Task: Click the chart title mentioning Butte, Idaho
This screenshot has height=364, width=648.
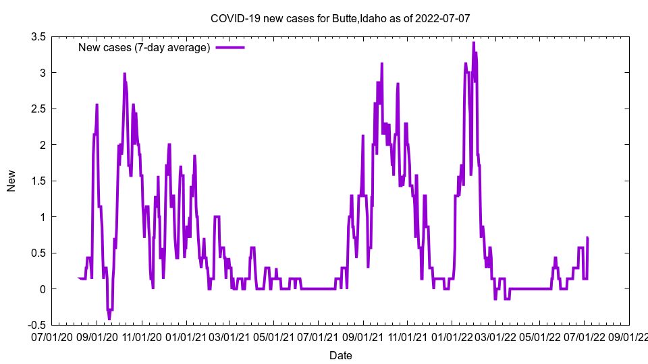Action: click(340, 18)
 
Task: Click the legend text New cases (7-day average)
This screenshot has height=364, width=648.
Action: click(144, 47)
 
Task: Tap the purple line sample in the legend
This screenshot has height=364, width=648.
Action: click(230, 47)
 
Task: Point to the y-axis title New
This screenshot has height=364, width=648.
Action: click(11, 181)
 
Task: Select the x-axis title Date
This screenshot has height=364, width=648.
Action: click(340, 355)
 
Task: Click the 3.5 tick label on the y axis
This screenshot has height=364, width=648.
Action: click(38, 36)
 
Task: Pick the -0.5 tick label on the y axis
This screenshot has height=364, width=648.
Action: click(36, 325)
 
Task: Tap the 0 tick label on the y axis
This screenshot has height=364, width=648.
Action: click(43, 289)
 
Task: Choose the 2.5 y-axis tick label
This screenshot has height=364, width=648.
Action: click(38, 109)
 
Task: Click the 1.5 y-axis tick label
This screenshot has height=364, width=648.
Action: click(38, 181)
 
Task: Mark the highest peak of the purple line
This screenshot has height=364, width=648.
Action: click(473, 42)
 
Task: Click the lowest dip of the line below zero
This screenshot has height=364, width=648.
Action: click(109, 319)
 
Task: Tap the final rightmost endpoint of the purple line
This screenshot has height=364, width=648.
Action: click(588, 238)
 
